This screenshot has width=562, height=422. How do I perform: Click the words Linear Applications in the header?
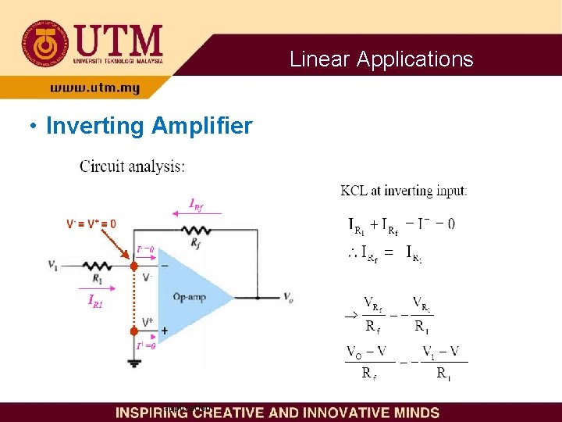(381, 59)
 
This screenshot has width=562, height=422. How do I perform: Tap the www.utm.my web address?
(95, 88)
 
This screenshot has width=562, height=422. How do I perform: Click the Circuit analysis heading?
(133, 166)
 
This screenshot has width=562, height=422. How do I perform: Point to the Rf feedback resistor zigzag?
(194, 230)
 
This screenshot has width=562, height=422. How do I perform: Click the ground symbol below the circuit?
(134, 362)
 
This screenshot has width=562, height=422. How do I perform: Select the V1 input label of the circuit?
(52, 266)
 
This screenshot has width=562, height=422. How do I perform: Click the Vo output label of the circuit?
(288, 298)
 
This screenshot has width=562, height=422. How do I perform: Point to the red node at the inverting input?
(134, 266)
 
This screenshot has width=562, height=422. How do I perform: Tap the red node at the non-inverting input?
(134, 331)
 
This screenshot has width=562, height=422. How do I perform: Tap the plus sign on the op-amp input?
(164, 331)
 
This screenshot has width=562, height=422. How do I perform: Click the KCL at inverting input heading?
(404, 190)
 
